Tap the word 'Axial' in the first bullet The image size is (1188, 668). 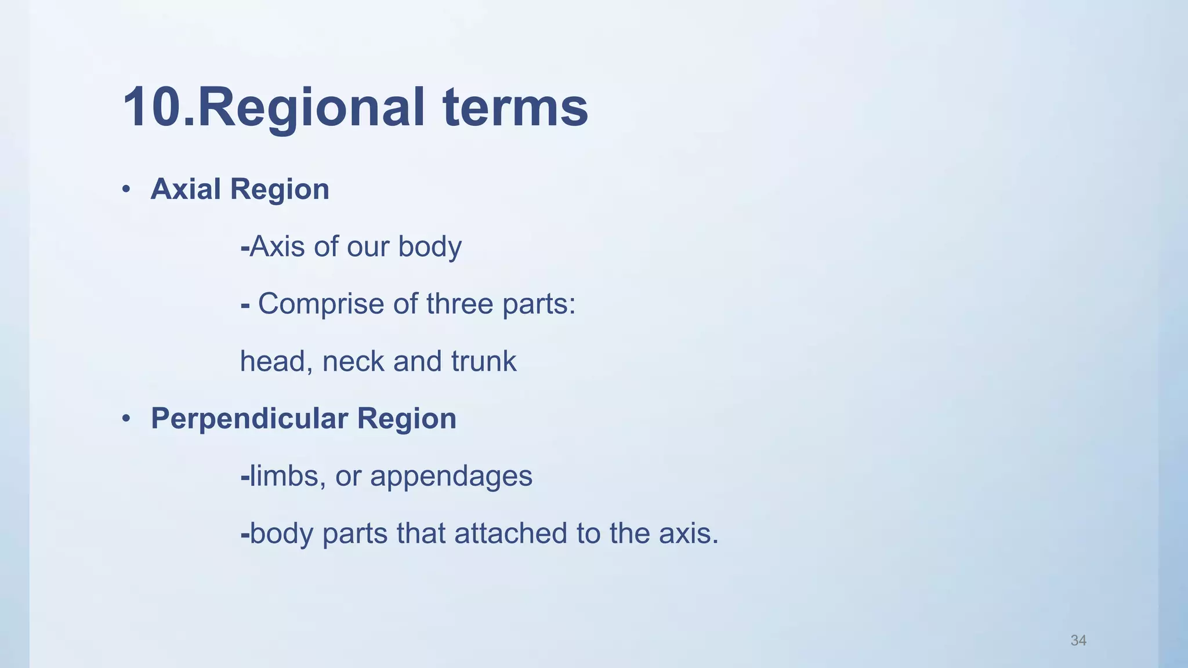tap(186, 189)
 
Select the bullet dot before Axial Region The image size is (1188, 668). tap(126, 190)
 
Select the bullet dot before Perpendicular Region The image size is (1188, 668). tap(126, 419)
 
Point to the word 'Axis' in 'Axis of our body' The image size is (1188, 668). tap(277, 246)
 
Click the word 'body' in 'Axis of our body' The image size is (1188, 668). tap(429, 246)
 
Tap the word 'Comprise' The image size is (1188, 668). tap(321, 304)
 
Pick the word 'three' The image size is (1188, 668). tap(459, 304)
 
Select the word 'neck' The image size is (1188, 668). tap(353, 361)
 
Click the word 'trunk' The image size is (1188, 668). tap(483, 361)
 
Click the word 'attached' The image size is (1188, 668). tap(510, 533)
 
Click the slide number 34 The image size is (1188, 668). tap(1078, 640)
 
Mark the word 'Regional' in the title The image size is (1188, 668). tap(312, 107)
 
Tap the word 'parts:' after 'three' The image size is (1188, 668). tap(539, 304)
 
